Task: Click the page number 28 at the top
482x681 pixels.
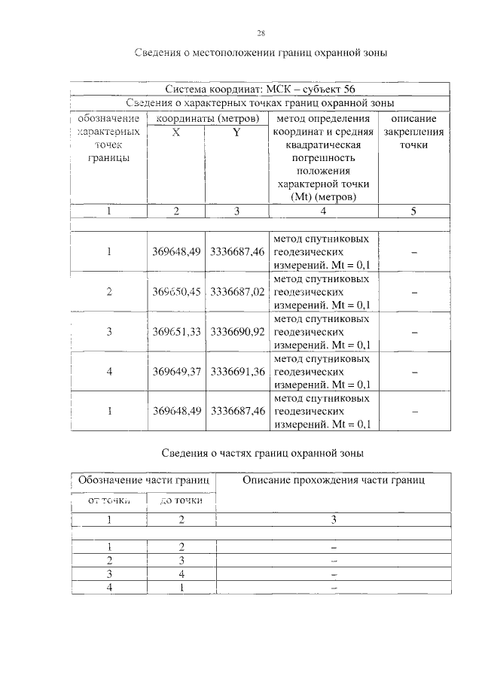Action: point(261,33)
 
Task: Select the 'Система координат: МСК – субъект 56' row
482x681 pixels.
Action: point(261,90)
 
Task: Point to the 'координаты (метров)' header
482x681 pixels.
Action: point(207,119)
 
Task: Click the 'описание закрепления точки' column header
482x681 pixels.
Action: point(413,132)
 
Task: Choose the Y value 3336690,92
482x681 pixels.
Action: point(237,331)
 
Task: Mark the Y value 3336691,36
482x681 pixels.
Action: point(237,370)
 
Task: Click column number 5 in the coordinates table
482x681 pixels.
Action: point(413,211)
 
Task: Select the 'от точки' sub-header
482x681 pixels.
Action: point(110,500)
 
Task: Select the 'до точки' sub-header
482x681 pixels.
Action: point(182,500)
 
